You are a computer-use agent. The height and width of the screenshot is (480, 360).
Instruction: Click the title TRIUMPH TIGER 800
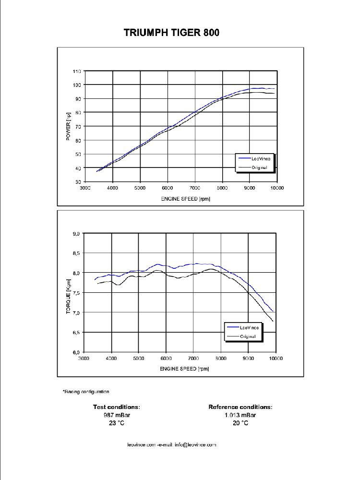(x=172, y=33)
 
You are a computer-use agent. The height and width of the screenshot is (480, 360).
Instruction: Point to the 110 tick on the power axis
(x=77, y=71)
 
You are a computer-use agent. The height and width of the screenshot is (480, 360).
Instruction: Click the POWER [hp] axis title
(x=68, y=127)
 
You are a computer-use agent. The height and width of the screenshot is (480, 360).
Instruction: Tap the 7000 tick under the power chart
(x=194, y=189)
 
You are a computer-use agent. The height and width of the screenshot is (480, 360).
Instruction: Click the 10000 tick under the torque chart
(x=276, y=359)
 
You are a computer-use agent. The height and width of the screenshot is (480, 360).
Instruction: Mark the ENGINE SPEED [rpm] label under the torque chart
(x=184, y=369)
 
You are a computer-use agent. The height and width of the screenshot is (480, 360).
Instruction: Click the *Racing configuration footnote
(x=86, y=392)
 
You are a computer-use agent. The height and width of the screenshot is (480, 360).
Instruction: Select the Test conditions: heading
(x=117, y=407)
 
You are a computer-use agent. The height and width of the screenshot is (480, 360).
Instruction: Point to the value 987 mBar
(x=117, y=415)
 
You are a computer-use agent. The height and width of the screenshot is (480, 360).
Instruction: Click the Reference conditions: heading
(x=240, y=407)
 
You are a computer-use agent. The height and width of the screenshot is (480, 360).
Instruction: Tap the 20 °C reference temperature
(x=240, y=423)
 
